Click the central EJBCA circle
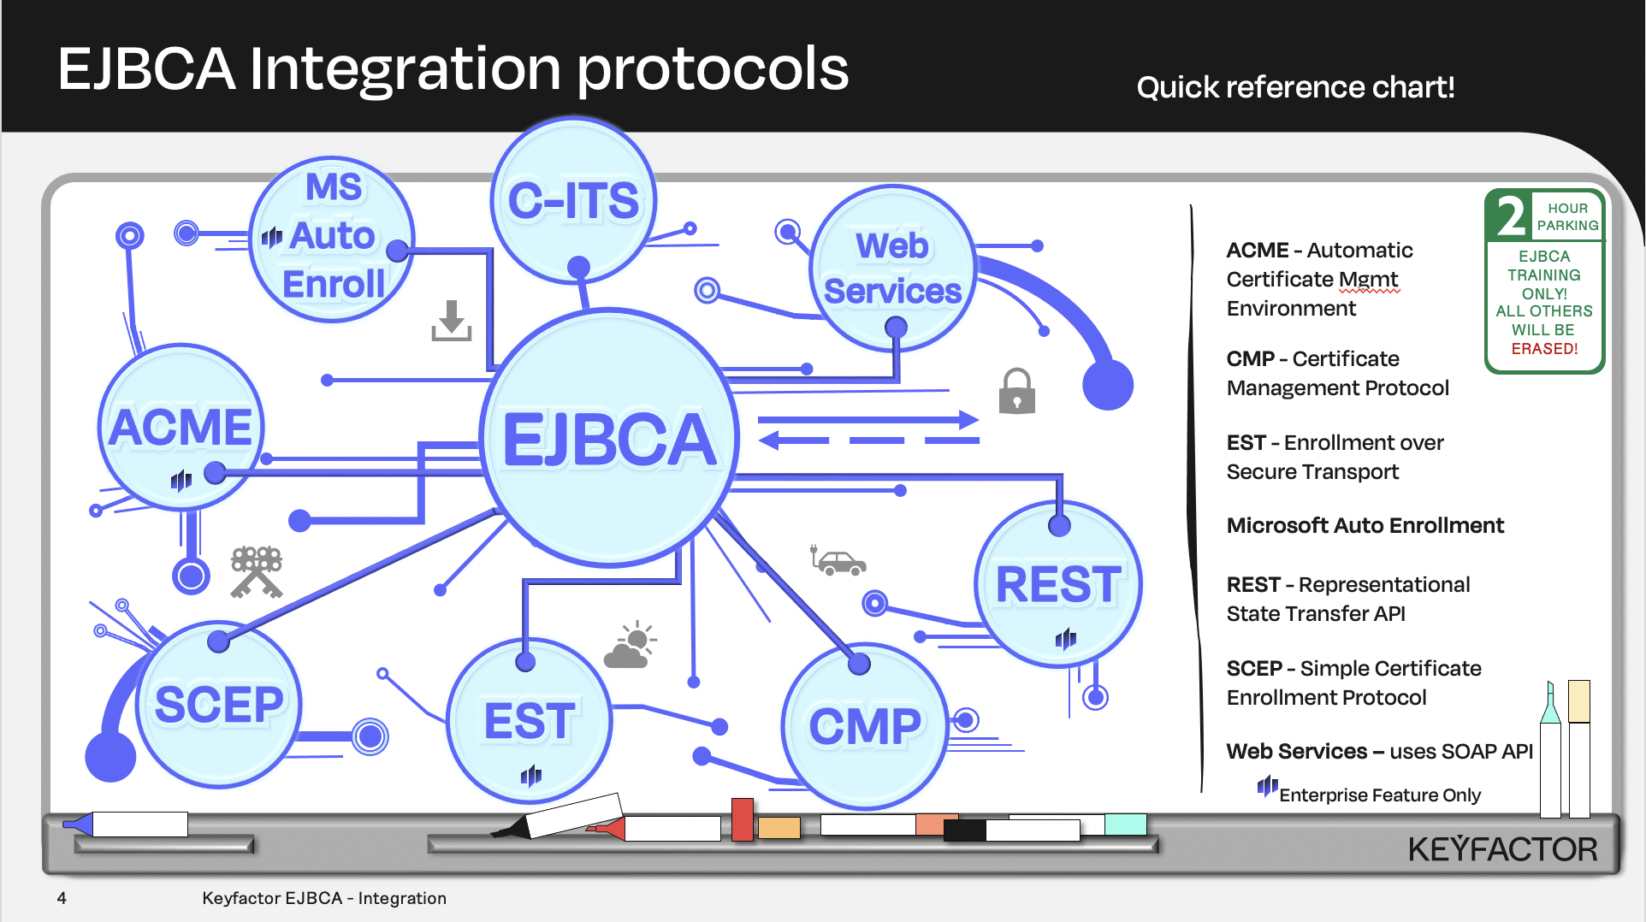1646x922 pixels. click(x=609, y=438)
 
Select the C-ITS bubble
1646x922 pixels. click(x=573, y=200)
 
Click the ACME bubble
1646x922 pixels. click(x=181, y=427)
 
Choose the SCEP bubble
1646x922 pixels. click(x=218, y=704)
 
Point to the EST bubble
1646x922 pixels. click(x=529, y=720)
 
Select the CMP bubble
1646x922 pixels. click(x=865, y=726)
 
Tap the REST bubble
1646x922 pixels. click(x=1058, y=584)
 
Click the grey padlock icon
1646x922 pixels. click(x=1016, y=392)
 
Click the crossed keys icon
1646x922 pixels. click(x=256, y=571)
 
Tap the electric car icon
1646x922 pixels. click(x=839, y=561)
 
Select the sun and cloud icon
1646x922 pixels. click(x=631, y=645)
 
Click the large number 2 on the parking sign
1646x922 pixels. click(x=1511, y=216)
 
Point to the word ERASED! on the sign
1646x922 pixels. click(x=1544, y=349)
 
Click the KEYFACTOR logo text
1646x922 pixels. click(x=1502, y=849)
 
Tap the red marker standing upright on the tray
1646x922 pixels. click(x=742, y=819)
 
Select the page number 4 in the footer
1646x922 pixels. click(x=62, y=898)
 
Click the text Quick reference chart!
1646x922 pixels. click(x=1295, y=87)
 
